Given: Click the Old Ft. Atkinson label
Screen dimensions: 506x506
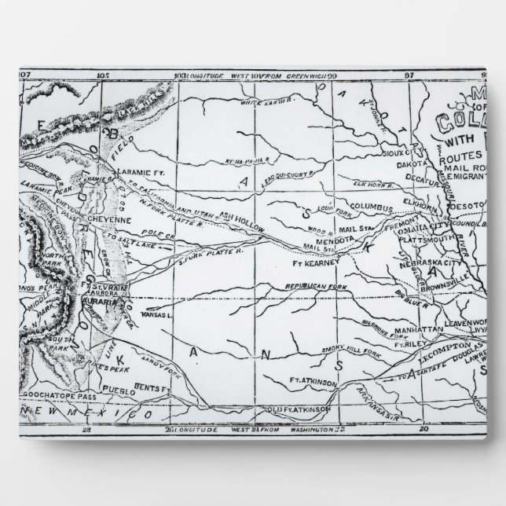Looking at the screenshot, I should pos(291,409).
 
